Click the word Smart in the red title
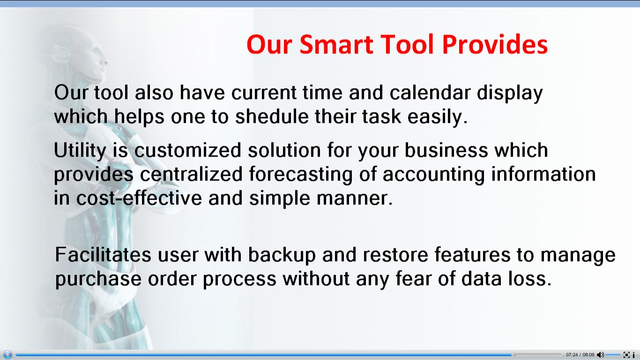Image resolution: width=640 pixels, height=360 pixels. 336,45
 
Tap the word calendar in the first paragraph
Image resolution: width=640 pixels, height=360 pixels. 430,93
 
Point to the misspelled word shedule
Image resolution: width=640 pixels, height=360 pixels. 272,116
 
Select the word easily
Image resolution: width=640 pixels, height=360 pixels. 438,117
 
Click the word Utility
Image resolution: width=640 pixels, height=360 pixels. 80,150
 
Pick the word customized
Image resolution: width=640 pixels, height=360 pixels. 188,150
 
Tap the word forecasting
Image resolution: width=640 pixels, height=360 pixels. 301,175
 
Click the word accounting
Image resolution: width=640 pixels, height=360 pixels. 433,175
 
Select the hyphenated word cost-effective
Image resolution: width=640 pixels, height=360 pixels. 139,198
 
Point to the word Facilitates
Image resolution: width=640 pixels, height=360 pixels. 103,255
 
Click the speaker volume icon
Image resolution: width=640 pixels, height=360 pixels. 600,355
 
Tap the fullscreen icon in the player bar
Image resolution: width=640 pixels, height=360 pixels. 626,355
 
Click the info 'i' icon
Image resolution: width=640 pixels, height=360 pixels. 634,355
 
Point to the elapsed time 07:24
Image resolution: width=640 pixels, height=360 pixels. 572,355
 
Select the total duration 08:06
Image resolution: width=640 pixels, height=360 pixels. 588,355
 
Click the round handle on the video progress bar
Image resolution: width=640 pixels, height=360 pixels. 513,355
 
